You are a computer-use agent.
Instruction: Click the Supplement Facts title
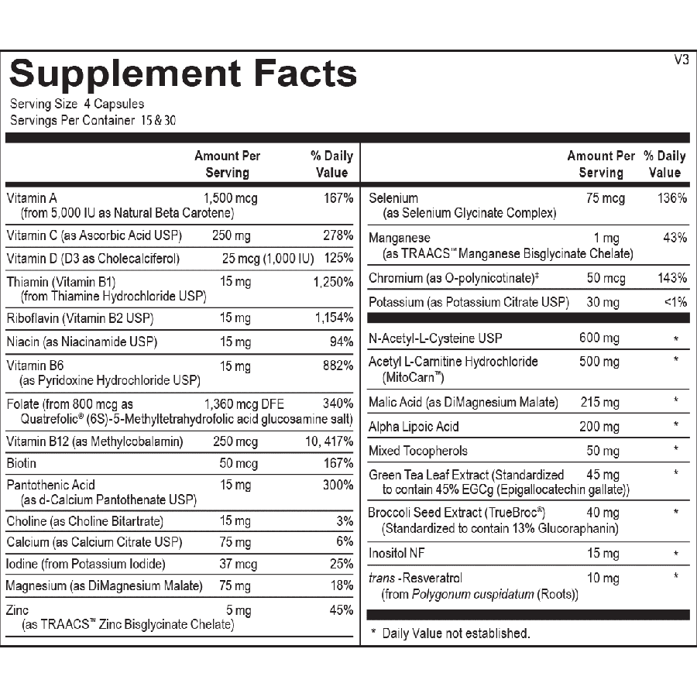[183, 74]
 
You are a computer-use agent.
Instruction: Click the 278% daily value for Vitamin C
[338, 235]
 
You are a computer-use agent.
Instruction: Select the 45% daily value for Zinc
[341, 610]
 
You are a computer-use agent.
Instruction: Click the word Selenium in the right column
[393, 198]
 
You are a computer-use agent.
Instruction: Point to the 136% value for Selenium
[671, 198]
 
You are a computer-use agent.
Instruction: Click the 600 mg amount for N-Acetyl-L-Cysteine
[599, 338]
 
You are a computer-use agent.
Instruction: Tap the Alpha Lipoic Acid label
[414, 426]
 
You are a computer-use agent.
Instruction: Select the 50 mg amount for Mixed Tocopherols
[603, 451]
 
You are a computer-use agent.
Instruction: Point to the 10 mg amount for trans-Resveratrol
[603, 578]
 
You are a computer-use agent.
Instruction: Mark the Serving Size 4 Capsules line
[77, 104]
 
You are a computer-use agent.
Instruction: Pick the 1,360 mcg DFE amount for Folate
[243, 403]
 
